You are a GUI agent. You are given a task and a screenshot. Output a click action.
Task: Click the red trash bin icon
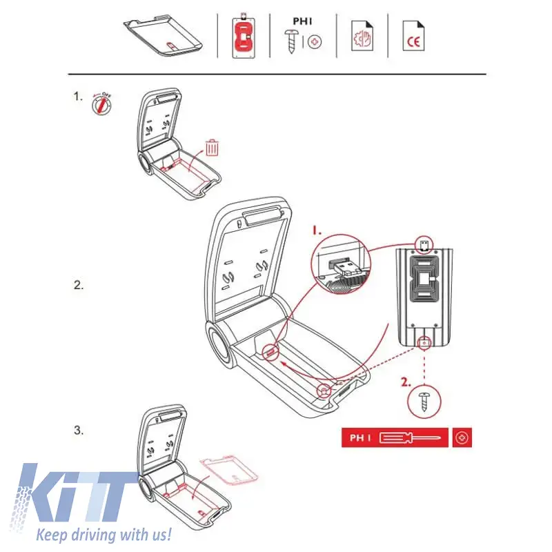[x=212, y=148]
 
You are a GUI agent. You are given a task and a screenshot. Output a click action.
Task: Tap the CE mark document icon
[x=413, y=36]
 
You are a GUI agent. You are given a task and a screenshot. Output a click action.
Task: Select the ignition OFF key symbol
[x=101, y=104]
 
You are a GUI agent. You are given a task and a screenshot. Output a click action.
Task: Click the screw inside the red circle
[x=424, y=402]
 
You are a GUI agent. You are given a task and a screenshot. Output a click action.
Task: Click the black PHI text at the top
[x=302, y=21]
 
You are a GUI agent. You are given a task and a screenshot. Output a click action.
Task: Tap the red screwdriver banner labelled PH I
[x=395, y=437]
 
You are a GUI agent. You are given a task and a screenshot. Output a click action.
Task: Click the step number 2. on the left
[x=79, y=285]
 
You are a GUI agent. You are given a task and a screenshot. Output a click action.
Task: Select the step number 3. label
[x=79, y=430]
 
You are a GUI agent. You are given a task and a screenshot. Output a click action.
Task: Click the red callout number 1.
[x=317, y=230]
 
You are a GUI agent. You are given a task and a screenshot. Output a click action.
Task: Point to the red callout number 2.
[x=406, y=382]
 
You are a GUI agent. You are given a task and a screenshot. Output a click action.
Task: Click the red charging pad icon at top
[x=244, y=36]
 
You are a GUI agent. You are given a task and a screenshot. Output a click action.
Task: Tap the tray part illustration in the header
[x=163, y=35]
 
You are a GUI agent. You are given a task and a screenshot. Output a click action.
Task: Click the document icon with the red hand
[x=362, y=36]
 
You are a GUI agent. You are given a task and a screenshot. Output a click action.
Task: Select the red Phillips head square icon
[x=462, y=437]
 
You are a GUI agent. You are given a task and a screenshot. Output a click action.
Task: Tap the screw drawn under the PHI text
[x=292, y=41]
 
